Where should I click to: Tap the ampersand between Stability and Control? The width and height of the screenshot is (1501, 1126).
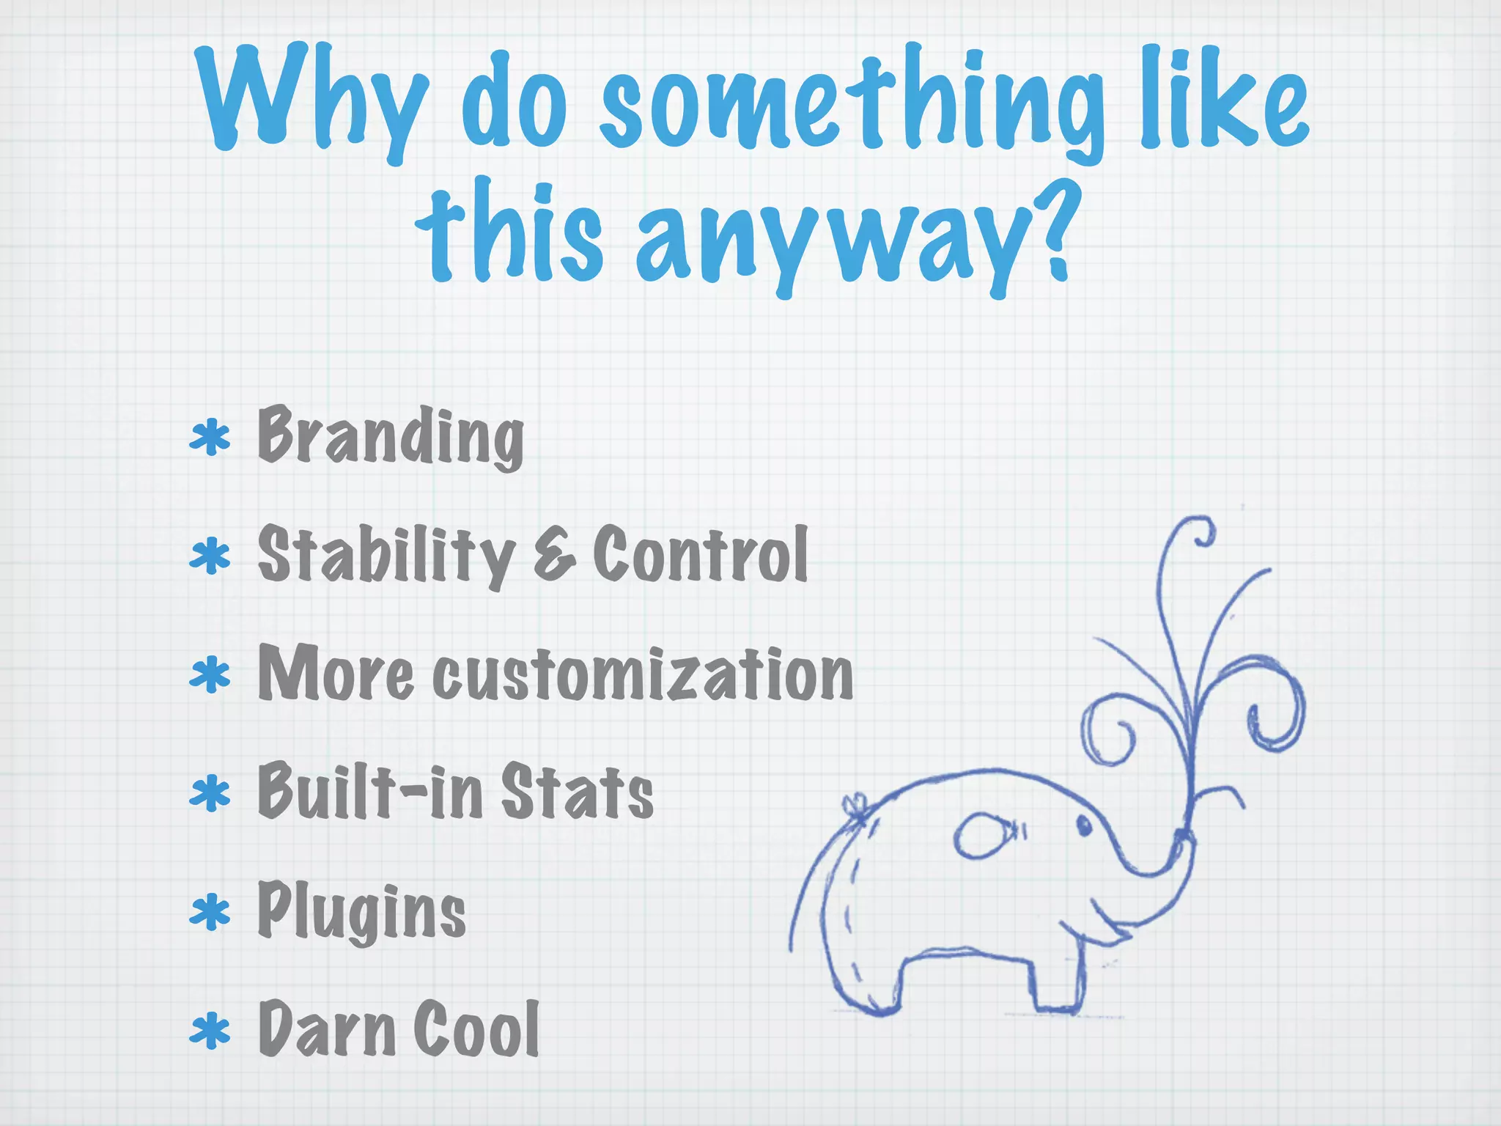click(554, 556)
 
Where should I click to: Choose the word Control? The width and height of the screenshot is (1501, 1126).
click(701, 555)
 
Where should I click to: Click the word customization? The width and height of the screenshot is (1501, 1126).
click(643, 674)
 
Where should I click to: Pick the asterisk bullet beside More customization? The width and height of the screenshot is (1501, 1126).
click(210, 674)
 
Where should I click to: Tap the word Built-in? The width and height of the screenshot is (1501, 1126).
click(370, 792)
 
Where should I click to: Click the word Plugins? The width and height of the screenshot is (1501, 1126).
click(361, 910)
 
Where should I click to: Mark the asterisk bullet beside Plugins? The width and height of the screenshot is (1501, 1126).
click(210, 912)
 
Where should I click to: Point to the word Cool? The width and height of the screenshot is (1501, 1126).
click(476, 1029)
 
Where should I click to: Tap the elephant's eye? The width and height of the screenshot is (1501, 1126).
click(1083, 826)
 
